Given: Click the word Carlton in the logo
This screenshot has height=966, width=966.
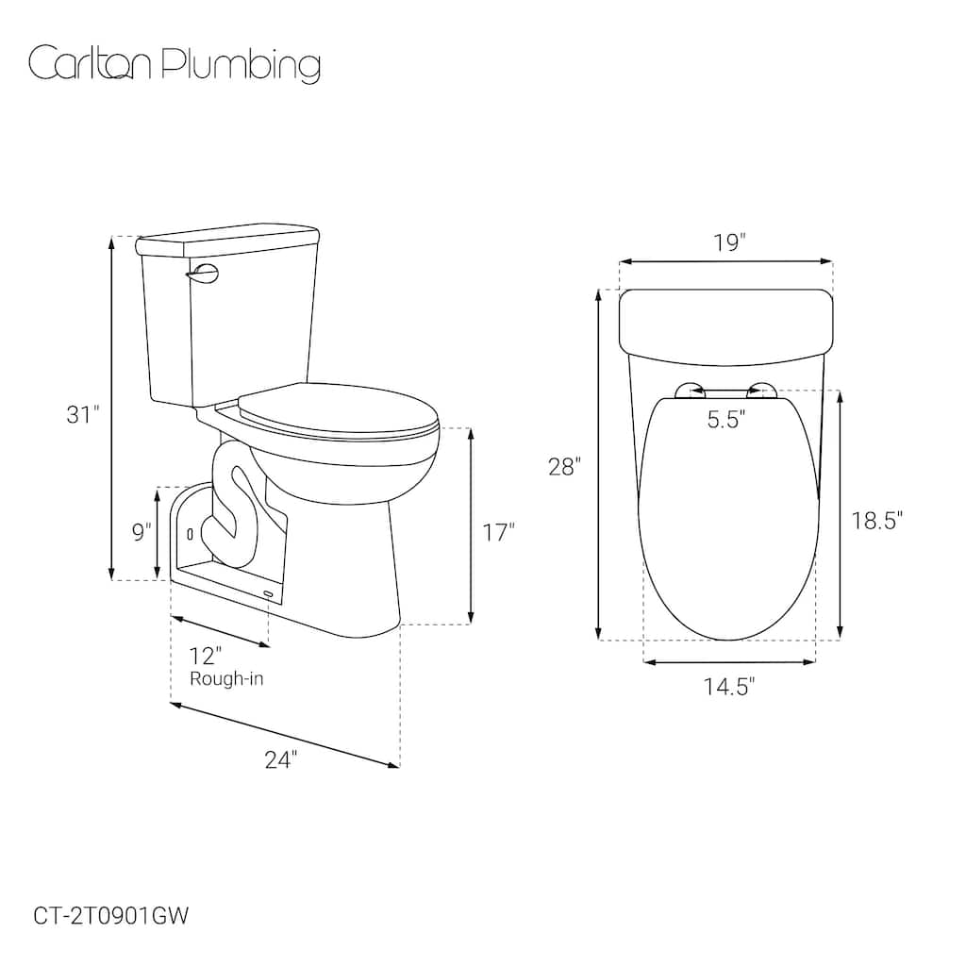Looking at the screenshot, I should coord(92,64).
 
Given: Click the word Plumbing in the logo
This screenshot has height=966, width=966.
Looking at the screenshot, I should coord(241,66).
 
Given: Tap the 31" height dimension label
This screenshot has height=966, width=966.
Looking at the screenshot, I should coord(82,414).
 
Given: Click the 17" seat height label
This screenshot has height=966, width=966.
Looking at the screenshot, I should coord(498,532).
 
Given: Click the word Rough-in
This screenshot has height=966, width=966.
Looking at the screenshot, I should coord(226,678).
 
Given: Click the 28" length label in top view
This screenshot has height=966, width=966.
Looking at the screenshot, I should coord(565,466).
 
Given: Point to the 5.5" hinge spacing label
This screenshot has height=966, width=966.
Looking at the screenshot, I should coord(727,420).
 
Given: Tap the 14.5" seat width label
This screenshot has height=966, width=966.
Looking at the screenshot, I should coord(729,687).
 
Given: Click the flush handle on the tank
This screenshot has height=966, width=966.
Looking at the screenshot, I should coord(203,273).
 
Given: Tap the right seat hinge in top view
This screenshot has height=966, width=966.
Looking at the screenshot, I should coord(761,390).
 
